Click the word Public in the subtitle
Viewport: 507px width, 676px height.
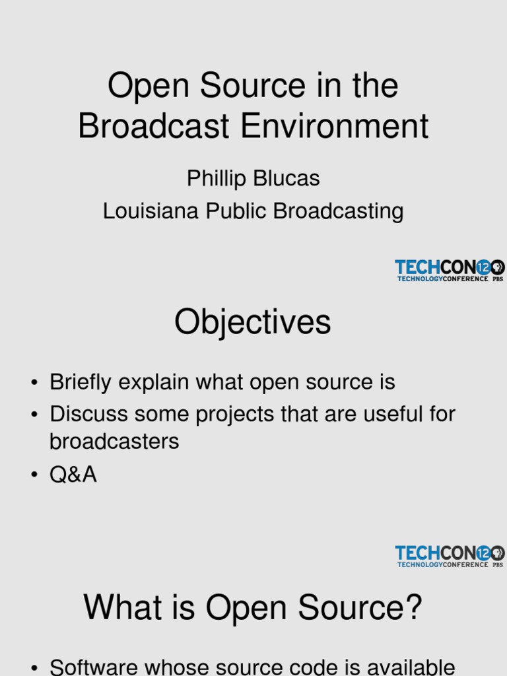(237, 211)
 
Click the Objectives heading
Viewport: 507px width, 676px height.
(253, 323)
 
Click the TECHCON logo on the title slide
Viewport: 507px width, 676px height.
(449, 270)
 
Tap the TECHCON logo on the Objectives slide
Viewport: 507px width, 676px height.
(449, 556)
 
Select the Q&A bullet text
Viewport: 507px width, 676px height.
(73, 475)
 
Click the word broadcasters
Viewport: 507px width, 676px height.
(114, 442)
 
